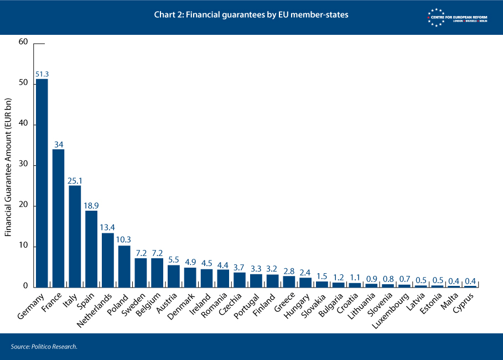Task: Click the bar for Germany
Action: pyautogui.click(x=42, y=182)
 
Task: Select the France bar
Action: pyautogui.click(x=58, y=218)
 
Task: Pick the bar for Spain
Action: pyautogui.click(x=91, y=249)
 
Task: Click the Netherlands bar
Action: pyautogui.click(x=108, y=260)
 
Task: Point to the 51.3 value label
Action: pyautogui.click(x=42, y=74)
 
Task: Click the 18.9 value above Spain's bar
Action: pyautogui.click(x=91, y=206)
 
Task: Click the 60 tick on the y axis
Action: pyautogui.click(x=23, y=42)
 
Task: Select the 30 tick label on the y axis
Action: pyautogui.click(x=23, y=165)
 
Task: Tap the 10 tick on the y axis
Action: pyautogui.click(x=23, y=247)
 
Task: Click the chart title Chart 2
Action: pyautogui.click(x=251, y=15)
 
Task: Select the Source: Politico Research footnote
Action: pyautogui.click(x=44, y=347)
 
